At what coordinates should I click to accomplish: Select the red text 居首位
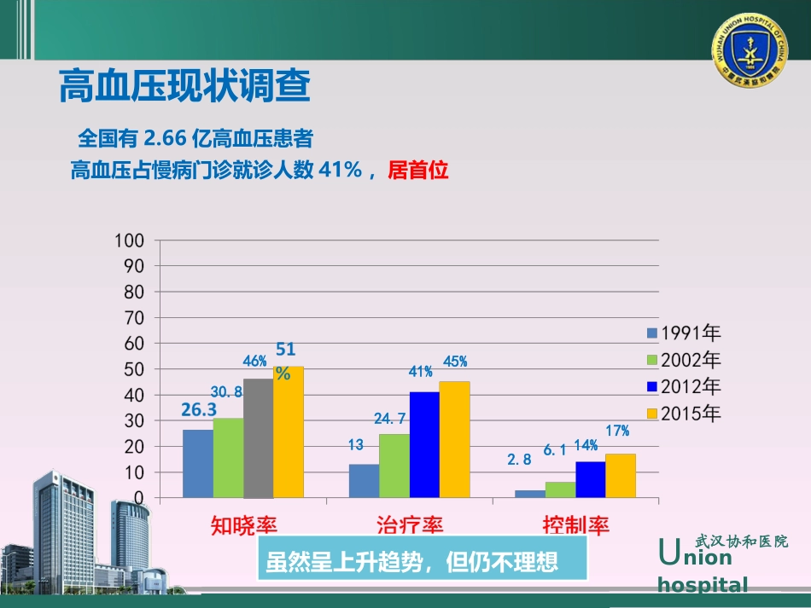[x=417, y=171]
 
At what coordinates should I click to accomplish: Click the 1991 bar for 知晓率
[x=197, y=463]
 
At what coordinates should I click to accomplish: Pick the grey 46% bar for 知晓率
[x=258, y=438]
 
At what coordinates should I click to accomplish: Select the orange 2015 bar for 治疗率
[x=454, y=439]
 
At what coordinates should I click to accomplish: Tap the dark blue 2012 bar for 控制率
[x=590, y=479]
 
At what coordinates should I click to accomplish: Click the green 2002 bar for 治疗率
[x=394, y=466]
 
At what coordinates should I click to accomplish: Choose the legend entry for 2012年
[x=684, y=386]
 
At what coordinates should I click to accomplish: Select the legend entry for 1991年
[x=684, y=333]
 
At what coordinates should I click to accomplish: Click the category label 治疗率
[x=410, y=524]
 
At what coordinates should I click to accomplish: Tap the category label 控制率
[x=576, y=524]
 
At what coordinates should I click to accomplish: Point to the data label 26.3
[x=199, y=410]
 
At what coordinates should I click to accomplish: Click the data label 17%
[x=617, y=431]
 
